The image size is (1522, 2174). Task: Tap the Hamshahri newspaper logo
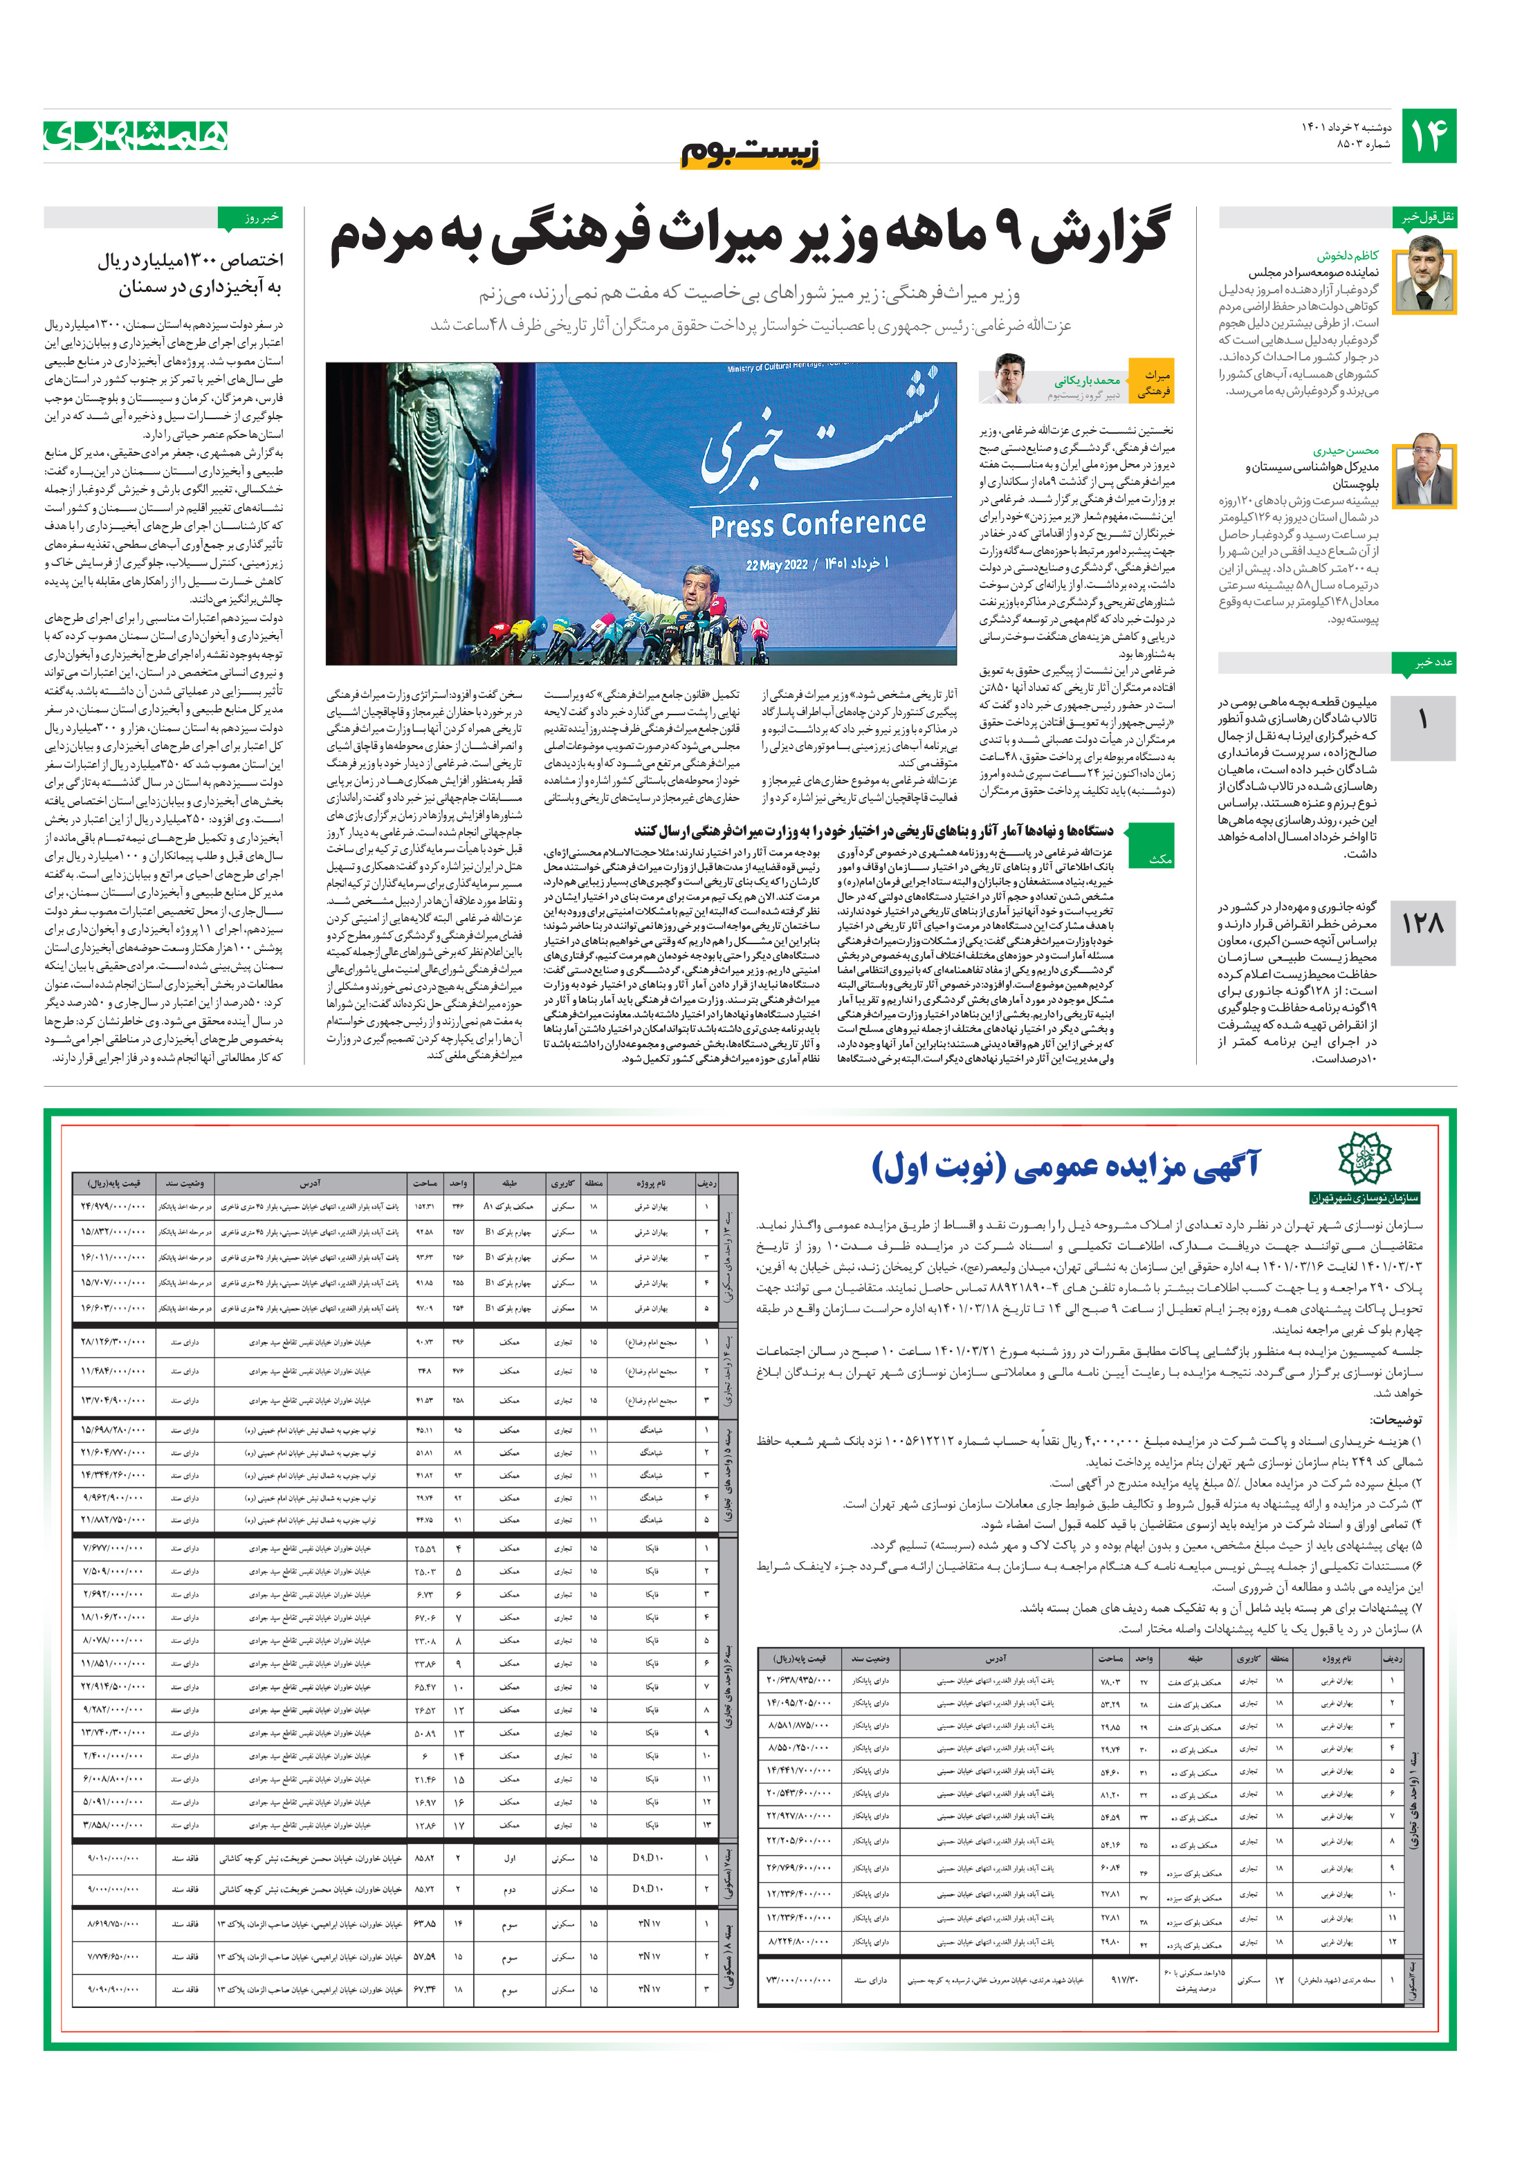(136, 136)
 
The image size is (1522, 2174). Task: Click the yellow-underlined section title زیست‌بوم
(750, 152)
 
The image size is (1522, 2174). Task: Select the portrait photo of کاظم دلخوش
(1431, 275)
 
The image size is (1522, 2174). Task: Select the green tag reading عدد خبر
(1429, 662)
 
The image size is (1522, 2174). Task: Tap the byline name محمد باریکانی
(1088, 380)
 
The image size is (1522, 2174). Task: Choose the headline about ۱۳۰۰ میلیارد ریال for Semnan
(190, 273)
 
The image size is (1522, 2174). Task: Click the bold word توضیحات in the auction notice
(1395, 1420)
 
